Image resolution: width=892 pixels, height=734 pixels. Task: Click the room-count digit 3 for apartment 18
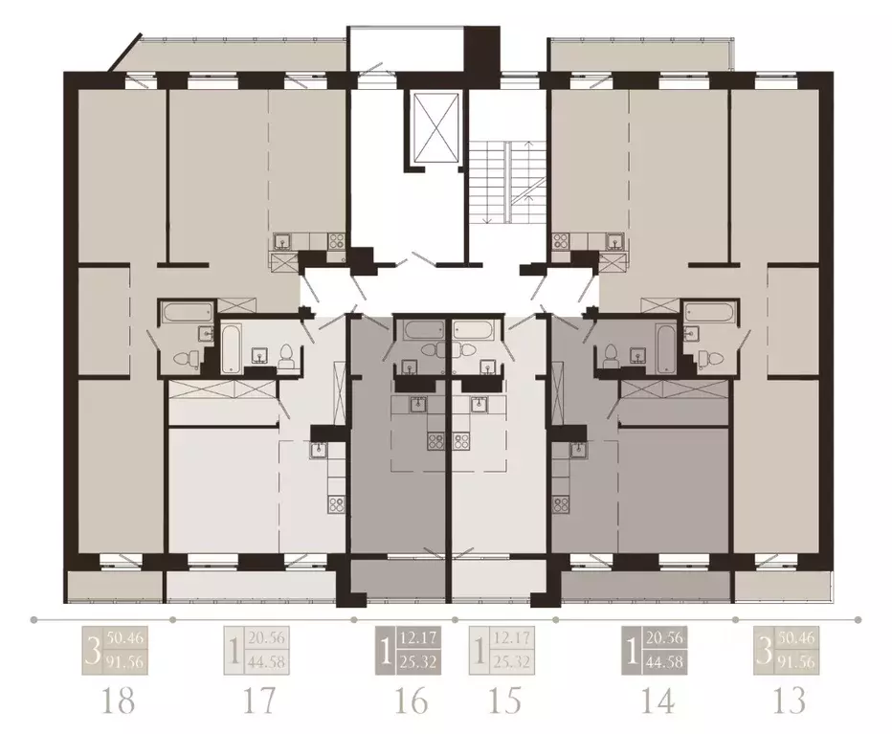click(x=92, y=650)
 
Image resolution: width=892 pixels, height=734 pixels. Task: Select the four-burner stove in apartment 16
click(x=435, y=441)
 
